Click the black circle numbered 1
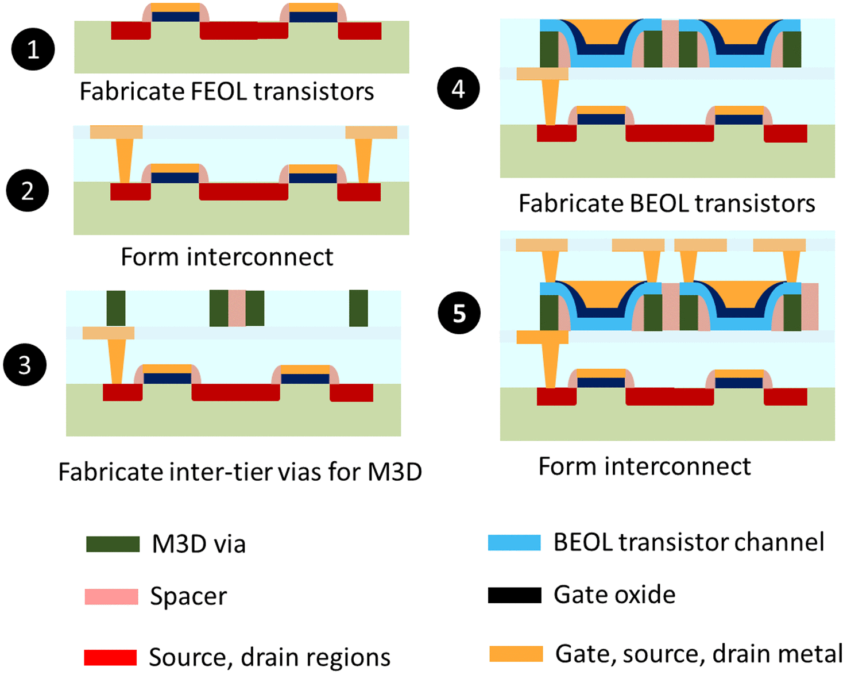33,49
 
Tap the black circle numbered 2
28,191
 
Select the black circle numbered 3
25,365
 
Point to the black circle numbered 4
458,88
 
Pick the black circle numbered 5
459,313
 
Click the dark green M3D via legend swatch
113,544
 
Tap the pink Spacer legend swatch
111,597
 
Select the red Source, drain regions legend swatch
110,657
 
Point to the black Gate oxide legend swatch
514,595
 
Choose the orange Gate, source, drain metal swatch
516,654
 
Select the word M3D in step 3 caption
395,472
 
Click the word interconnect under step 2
260,257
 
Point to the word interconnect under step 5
678,466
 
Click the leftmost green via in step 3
116,308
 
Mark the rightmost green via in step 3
358,308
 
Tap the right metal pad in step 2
371,132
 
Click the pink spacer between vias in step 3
237,308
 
